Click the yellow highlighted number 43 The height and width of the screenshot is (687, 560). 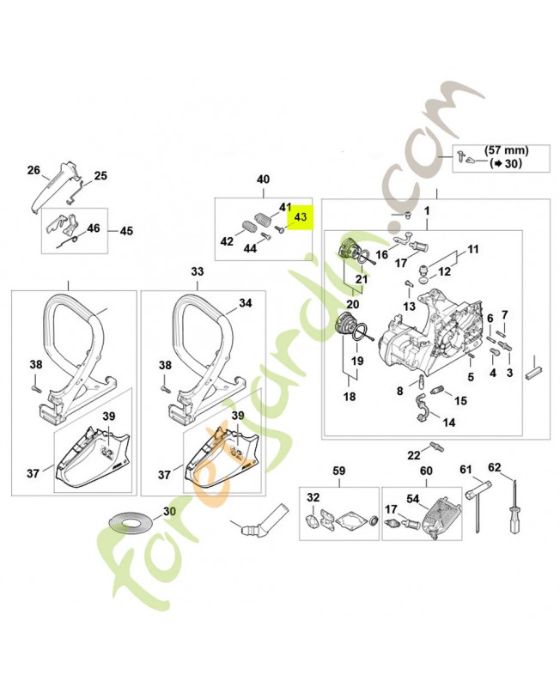tap(300, 218)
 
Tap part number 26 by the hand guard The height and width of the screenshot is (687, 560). tap(33, 170)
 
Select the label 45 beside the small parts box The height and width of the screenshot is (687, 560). tap(125, 231)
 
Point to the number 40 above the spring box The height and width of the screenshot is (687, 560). tap(263, 179)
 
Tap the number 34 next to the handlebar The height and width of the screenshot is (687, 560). tap(246, 303)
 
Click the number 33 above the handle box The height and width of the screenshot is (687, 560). tap(198, 271)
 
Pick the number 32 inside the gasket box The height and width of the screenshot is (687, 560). tap(313, 498)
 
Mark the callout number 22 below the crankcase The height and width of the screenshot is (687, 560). tap(413, 455)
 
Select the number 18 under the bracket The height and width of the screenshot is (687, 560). tap(350, 397)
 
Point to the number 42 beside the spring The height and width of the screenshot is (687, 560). tap(227, 241)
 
